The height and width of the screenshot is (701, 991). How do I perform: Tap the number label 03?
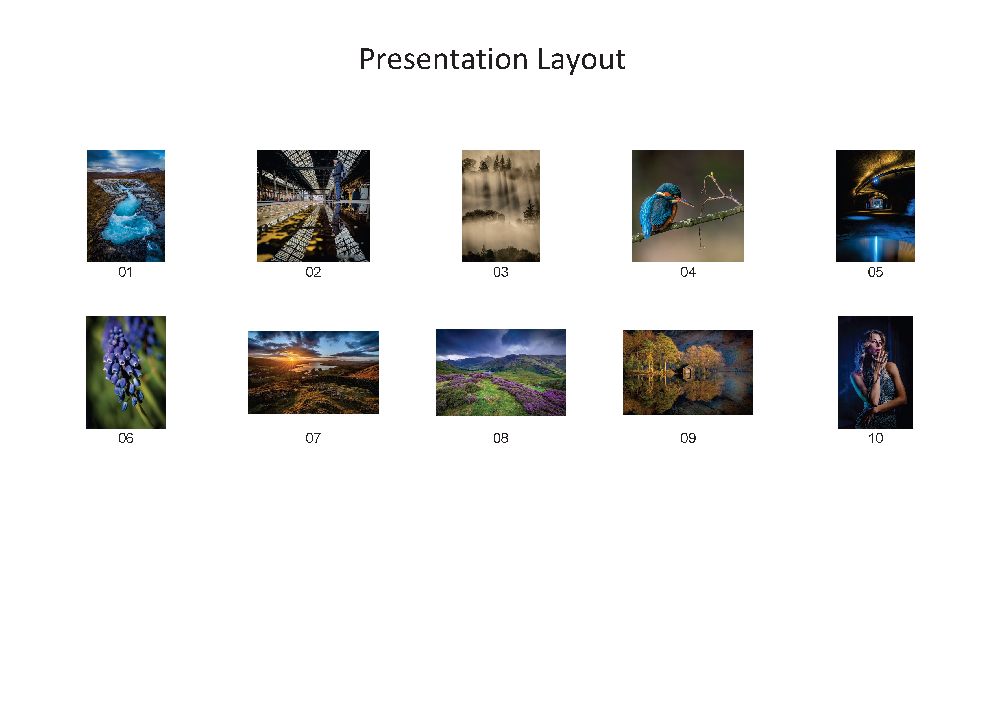coord(501,272)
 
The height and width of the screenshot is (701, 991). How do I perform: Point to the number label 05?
coord(875,272)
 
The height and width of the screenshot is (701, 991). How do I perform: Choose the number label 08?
coord(501,439)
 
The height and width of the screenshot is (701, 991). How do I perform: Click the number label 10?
coord(875,439)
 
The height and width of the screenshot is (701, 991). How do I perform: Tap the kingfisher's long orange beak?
coord(685,202)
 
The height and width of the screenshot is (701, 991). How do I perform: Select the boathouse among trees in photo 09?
coord(687,372)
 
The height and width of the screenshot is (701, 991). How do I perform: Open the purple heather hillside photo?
coord(501,372)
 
